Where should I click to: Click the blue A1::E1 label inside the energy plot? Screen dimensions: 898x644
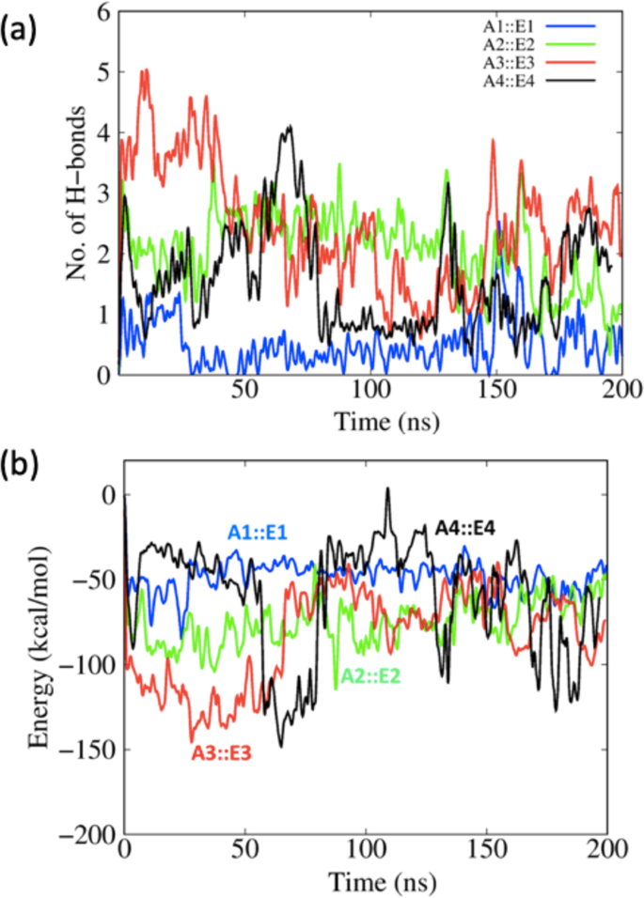257,534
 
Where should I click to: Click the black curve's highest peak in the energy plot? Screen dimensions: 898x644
386,489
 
